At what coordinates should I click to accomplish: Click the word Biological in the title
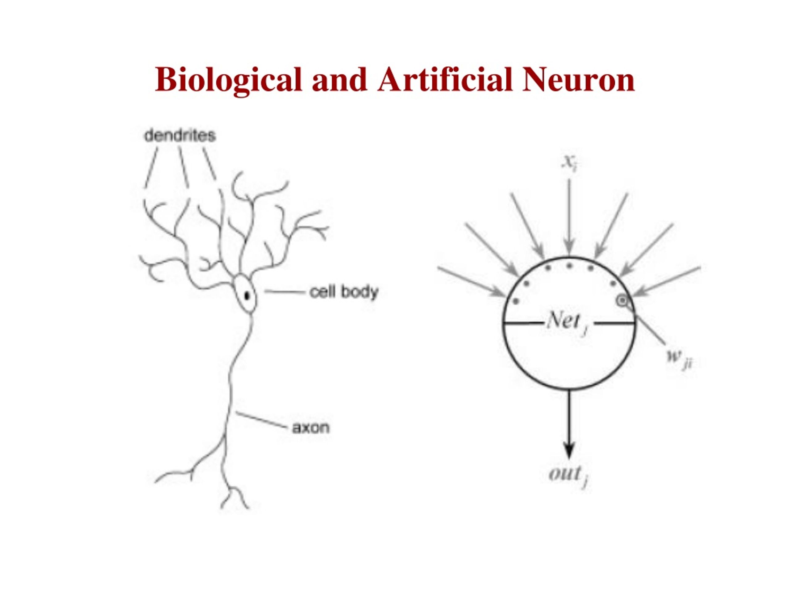pyautogui.click(x=229, y=80)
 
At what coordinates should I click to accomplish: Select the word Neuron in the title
pyautogui.click(x=578, y=79)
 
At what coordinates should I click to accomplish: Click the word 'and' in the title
pyautogui.click(x=340, y=79)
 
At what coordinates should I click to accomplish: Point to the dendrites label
pyautogui.click(x=180, y=136)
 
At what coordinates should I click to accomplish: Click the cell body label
pyautogui.click(x=343, y=292)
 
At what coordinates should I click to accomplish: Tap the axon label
pyautogui.click(x=311, y=428)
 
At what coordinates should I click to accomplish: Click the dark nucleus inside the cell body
pyautogui.click(x=247, y=296)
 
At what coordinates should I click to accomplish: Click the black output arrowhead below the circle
pyautogui.click(x=569, y=450)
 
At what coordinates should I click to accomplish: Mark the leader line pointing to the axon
pyautogui.click(x=261, y=420)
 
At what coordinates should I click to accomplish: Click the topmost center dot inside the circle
pyautogui.click(x=570, y=266)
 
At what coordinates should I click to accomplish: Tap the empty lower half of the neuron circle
pyautogui.click(x=569, y=357)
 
